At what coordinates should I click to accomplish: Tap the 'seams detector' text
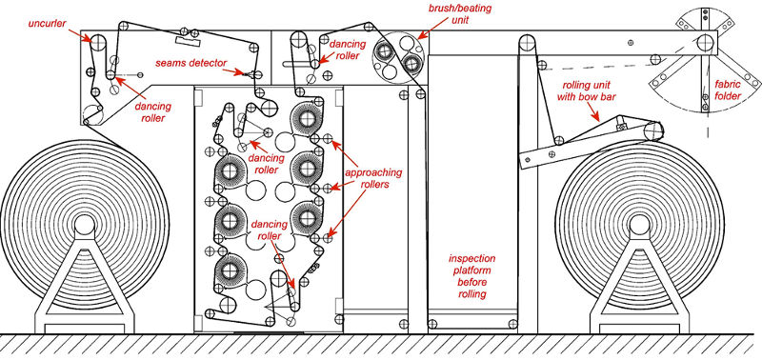pos(191,63)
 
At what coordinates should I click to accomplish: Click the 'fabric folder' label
pos(728,90)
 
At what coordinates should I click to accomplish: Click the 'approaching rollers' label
pos(372,178)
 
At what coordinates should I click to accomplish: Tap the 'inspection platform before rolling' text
pos(471,276)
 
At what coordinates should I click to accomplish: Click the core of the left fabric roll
pos(85,225)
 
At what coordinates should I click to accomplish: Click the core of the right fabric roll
pos(639,225)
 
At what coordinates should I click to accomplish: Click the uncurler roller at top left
pos(99,42)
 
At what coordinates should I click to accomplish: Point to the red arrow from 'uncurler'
pos(80,35)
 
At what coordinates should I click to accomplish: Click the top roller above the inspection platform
pos(527,42)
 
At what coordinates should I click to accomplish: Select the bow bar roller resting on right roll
pos(653,130)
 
